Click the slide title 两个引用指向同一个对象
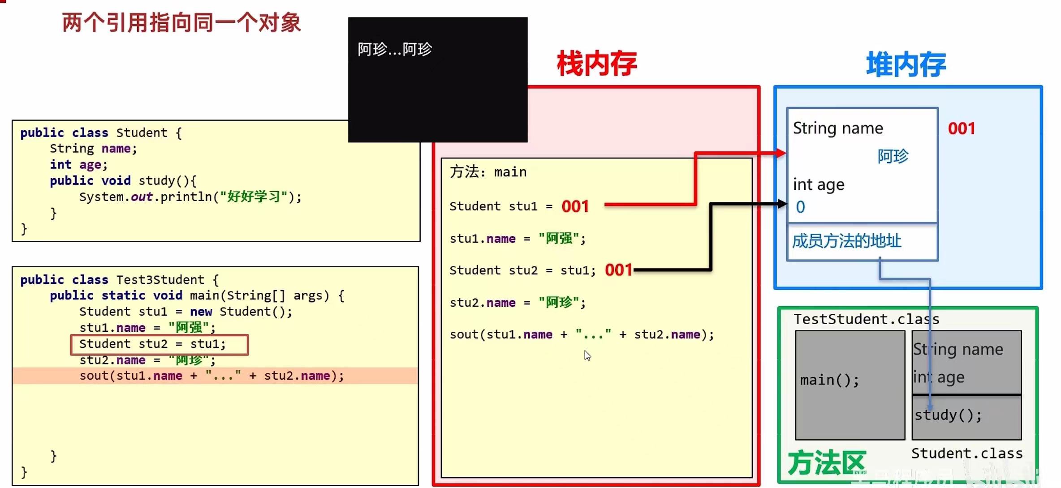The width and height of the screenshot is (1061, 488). (181, 23)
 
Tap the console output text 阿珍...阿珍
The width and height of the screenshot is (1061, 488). (394, 49)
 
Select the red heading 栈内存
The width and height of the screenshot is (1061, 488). (597, 64)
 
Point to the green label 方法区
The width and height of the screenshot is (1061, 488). (826, 463)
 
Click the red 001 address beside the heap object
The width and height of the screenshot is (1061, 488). (962, 129)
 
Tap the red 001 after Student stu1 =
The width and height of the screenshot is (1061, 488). (575, 206)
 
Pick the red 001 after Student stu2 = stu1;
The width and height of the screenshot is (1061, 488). (618, 270)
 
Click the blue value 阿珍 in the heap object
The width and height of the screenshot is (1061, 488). (893, 156)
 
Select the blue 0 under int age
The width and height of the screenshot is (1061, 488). (800, 207)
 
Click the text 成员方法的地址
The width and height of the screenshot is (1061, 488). (846, 241)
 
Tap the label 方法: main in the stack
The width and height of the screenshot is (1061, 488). (488, 172)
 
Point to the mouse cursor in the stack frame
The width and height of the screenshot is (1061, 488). (587, 355)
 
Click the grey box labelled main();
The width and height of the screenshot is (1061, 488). (850, 385)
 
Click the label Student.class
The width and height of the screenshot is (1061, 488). (967, 454)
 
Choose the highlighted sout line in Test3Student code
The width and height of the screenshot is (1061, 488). (211, 376)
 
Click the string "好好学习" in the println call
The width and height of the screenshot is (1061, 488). (254, 197)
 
